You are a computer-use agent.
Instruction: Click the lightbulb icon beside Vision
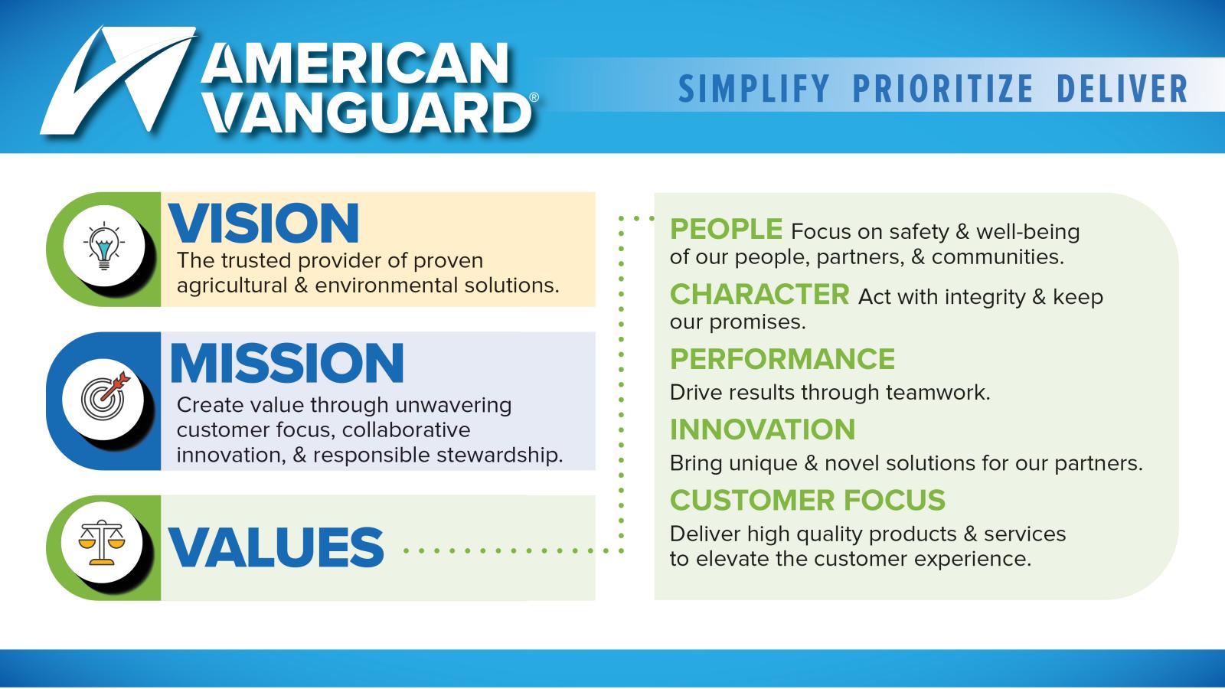point(104,246)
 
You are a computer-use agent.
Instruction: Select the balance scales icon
point(102,542)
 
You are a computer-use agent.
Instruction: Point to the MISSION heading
point(287,363)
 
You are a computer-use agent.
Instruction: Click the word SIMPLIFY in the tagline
point(753,89)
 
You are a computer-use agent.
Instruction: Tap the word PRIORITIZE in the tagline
point(942,89)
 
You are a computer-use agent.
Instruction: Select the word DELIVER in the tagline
point(1122,89)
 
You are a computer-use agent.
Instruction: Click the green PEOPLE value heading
point(726,229)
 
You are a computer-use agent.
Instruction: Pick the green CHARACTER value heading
point(759,294)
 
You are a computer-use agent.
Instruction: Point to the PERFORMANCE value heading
point(782,359)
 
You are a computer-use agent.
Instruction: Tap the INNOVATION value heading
point(763,429)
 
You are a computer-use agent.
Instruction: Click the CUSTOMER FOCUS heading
point(808,500)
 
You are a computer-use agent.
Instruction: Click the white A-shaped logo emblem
point(118,80)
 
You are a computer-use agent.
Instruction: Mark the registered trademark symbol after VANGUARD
point(534,97)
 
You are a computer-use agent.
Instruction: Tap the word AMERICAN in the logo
point(356,64)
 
